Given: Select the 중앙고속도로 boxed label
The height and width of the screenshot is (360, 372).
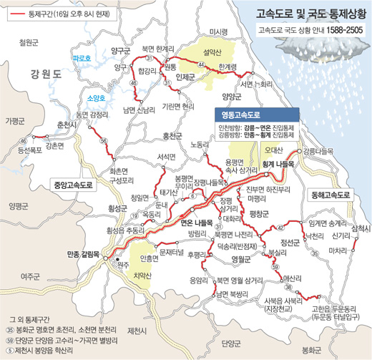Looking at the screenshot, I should tap(74, 185).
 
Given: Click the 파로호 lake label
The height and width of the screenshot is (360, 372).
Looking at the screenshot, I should tap(83, 57).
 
